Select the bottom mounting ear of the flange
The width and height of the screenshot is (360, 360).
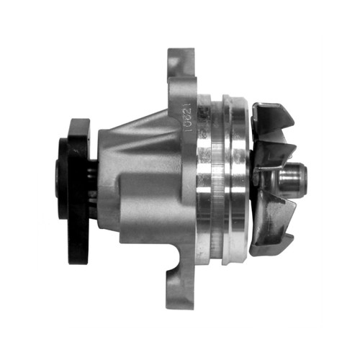tap(179, 292)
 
